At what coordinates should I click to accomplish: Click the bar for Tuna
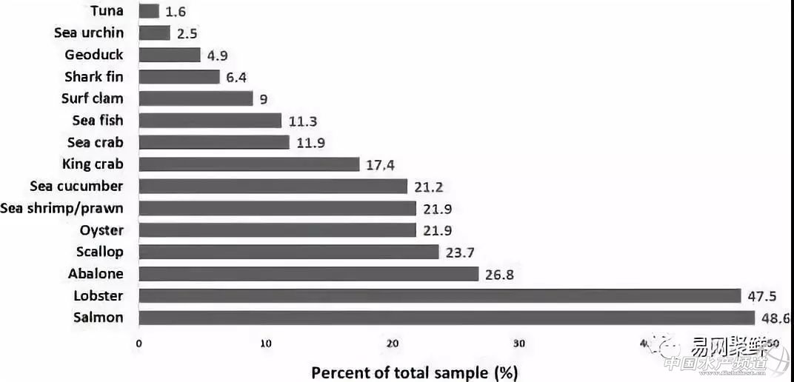(149, 11)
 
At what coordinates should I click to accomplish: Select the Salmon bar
(447, 318)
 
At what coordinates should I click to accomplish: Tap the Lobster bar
(440, 296)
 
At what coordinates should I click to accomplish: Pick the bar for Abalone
(309, 274)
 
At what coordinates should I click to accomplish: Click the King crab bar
(249, 164)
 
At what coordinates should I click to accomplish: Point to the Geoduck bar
(170, 55)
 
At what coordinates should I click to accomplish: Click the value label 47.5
(759, 296)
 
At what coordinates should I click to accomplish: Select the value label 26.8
(499, 275)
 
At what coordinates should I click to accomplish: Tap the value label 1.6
(176, 12)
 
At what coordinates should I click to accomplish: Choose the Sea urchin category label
(89, 33)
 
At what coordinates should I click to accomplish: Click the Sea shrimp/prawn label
(62, 208)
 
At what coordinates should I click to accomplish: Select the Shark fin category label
(94, 76)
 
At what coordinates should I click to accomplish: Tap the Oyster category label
(101, 230)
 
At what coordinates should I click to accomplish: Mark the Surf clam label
(93, 98)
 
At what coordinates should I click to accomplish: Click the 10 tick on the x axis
(266, 344)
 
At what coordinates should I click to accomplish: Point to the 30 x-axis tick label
(520, 344)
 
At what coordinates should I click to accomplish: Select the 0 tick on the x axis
(139, 344)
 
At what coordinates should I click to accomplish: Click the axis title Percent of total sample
(414, 372)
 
